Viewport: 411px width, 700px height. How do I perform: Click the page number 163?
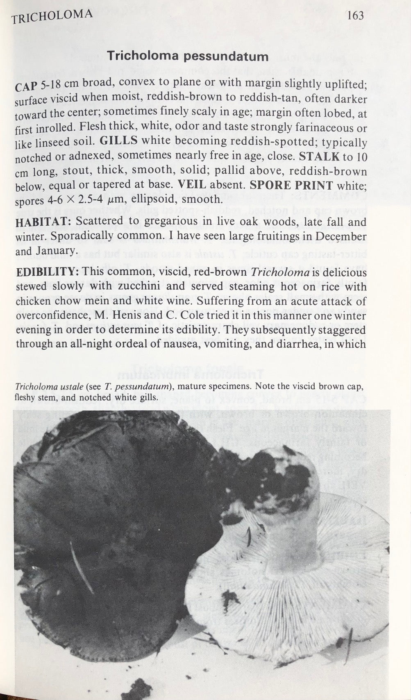click(355, 16)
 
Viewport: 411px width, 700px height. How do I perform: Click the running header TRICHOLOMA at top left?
click(52, 17)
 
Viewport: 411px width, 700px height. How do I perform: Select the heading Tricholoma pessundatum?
click(188, 56)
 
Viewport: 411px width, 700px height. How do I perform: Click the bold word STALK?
click(319, 156)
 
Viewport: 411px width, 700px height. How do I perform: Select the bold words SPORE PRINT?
click(291, 184)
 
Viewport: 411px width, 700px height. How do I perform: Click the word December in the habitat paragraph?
click(341, 236)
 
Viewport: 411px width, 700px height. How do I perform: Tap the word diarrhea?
click(304, 343)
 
